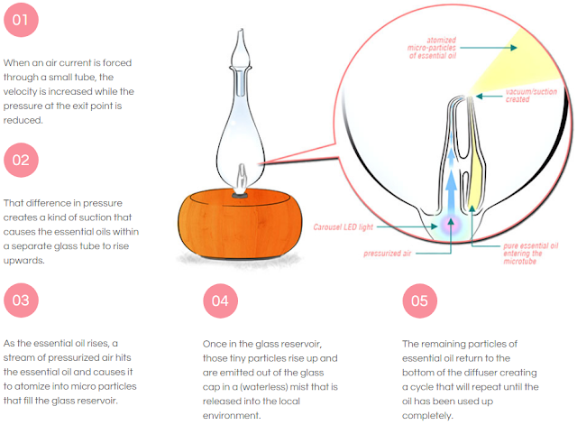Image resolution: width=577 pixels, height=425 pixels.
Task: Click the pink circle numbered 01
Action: pyautogui.click(x=22, y=21)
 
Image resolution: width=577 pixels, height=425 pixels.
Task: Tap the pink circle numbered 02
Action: pyautogui.click(x=22, y=162)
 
